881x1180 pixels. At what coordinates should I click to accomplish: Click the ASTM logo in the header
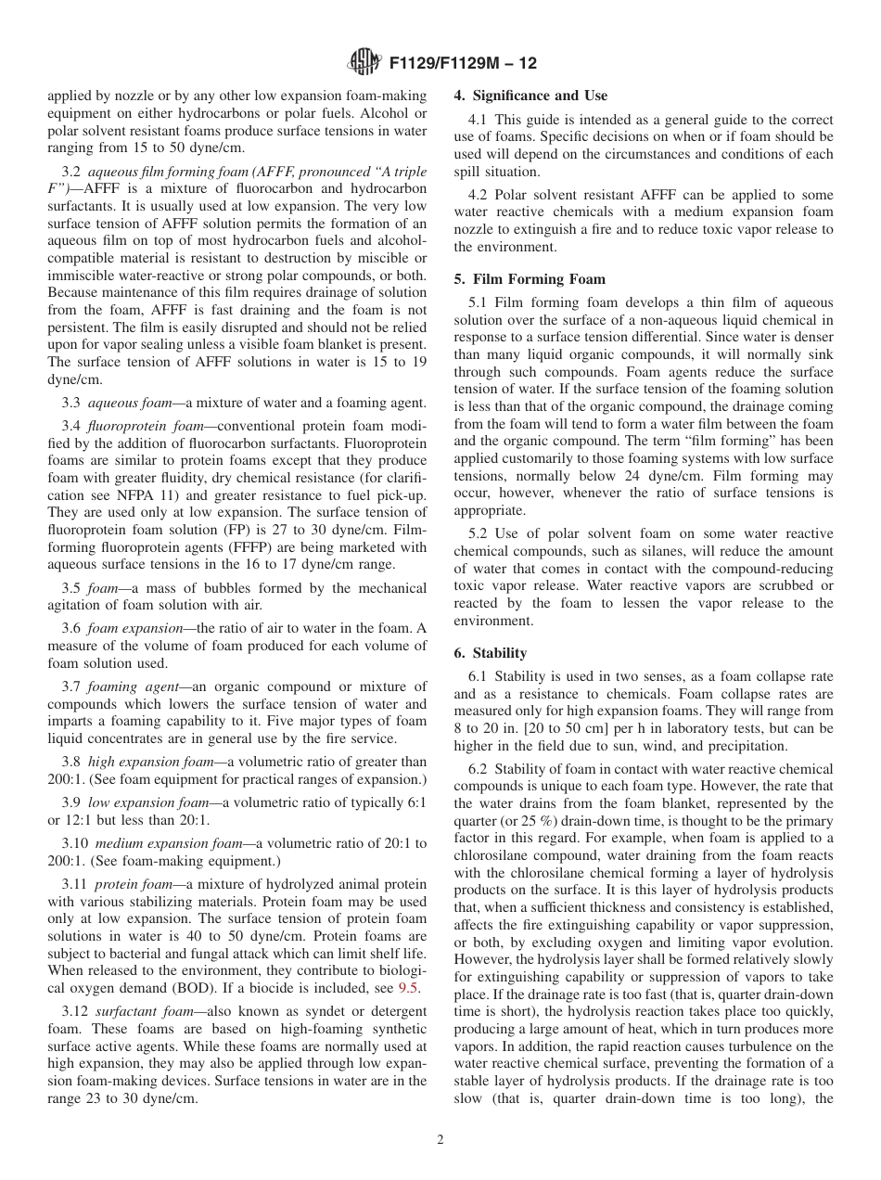[x=363, y=63]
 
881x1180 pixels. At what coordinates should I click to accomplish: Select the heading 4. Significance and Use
[x=530, y=96]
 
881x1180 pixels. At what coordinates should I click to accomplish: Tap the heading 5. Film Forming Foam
[x=530, y=278]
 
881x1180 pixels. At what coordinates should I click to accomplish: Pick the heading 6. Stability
[x=490, y=652]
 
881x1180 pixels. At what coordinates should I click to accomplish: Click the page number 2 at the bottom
[x=440, y=1139]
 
